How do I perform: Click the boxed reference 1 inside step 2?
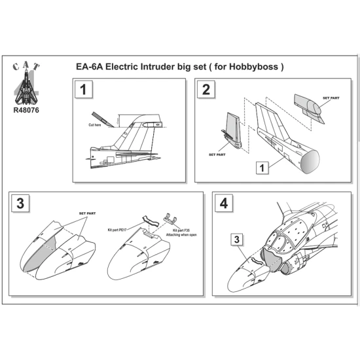click(x=261, y=168)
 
